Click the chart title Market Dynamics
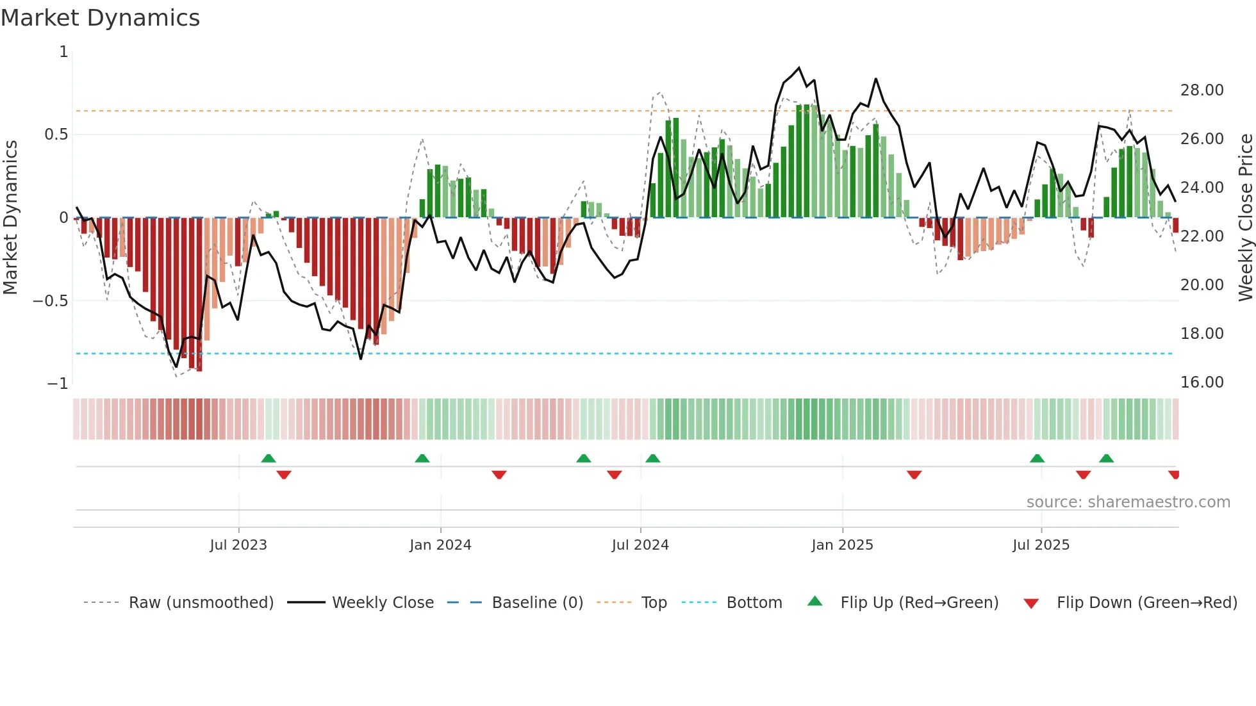pos(100,18)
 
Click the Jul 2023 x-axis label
pos(238,545)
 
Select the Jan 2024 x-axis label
pos(440,545)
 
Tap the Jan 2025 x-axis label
pos(841,545)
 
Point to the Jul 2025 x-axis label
pos(1041,545)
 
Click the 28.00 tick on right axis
pos(1202,90)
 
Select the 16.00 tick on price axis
pos(1202,382)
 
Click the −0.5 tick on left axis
pos(50,301)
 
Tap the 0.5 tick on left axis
pos(56,135)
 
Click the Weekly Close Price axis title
pos(1245,217)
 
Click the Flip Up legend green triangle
pos(814,601)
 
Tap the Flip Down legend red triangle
pos(1030,603)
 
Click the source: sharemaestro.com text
pos(1128,502)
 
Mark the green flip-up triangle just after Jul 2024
pos(652,458)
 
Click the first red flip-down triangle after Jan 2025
pos(914,475)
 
